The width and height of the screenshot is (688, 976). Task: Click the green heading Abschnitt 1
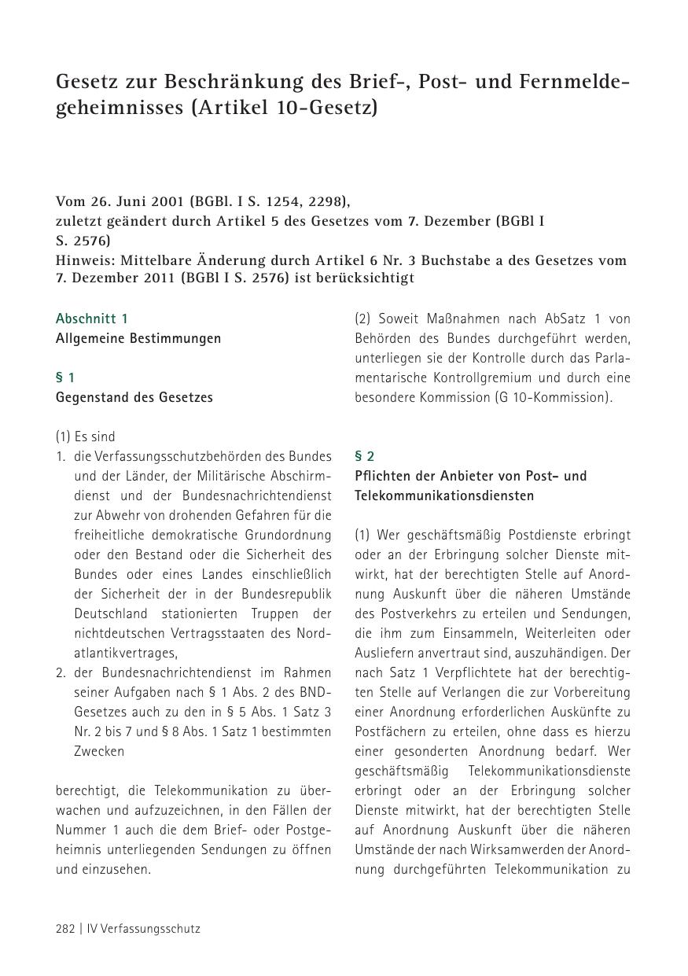click(x=91, y=319)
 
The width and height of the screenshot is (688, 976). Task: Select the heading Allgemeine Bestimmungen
click(x=138, y=338)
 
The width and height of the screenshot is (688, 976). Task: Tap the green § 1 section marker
click(x=65, y=378)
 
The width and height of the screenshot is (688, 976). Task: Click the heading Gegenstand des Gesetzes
click(x=134, y=397)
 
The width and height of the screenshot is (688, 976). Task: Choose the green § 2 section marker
click(x=365, y=456)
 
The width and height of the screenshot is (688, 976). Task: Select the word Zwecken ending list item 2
click(x=99, y=751)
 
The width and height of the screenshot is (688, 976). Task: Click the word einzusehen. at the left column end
click(x=103, y=869)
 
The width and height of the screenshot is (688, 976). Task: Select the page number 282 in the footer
click(x=65, y=928)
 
